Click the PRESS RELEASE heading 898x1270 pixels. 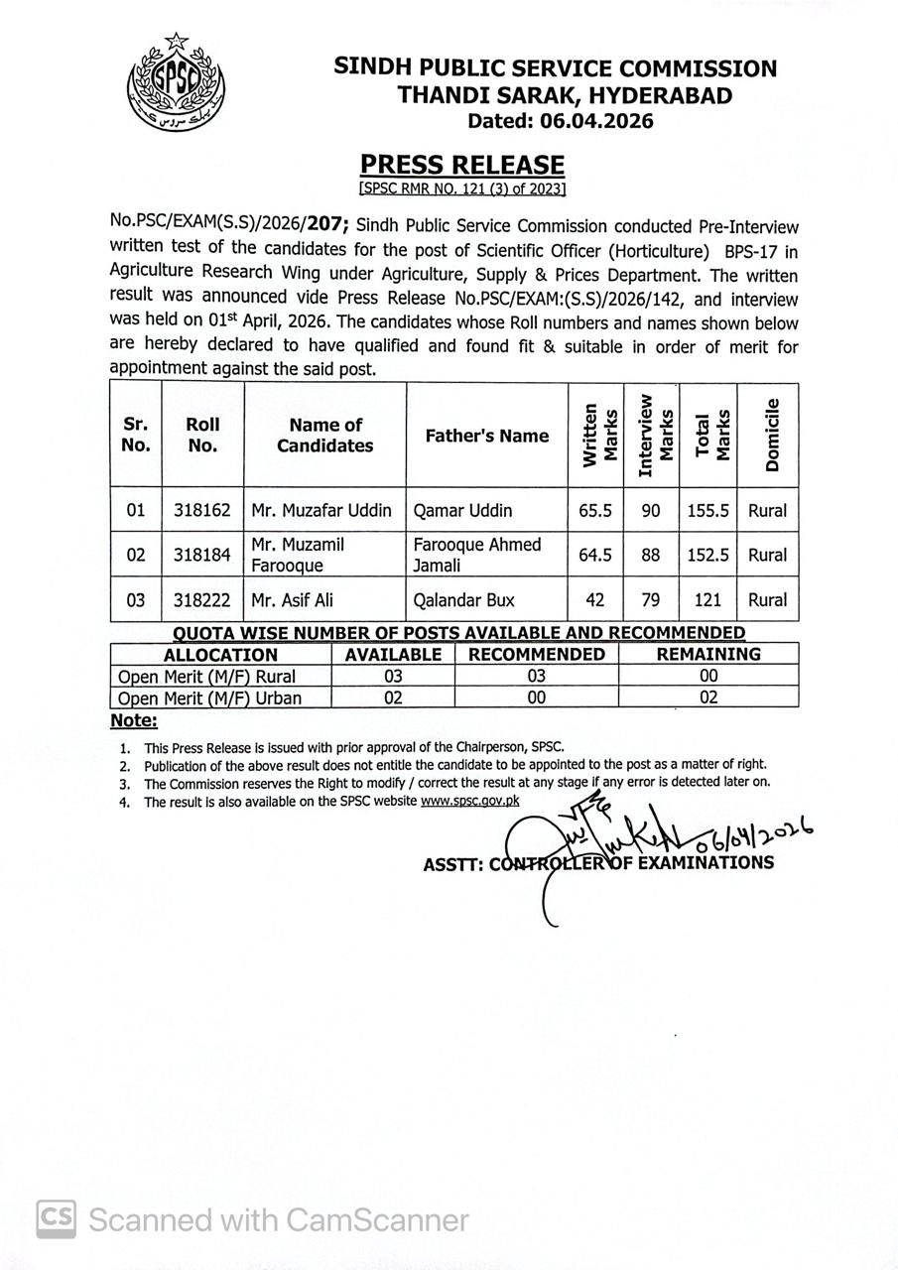point(461,165)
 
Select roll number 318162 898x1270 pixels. point(201,511)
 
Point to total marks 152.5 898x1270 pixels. point(707,556)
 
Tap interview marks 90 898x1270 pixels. point(651,511)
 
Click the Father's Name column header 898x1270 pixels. point(486,436)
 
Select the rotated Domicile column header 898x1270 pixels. point(772,435)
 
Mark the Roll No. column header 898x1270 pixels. point(201,435)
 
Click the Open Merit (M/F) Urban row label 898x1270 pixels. point(209,698)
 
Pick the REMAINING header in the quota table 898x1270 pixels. point(707,655)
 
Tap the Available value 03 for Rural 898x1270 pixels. point(393,677)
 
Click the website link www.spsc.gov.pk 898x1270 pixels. point(470,802)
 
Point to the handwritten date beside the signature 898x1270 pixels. point(754,837)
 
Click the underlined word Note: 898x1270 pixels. point(134,720)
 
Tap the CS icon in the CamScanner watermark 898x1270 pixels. point(57,1218)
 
